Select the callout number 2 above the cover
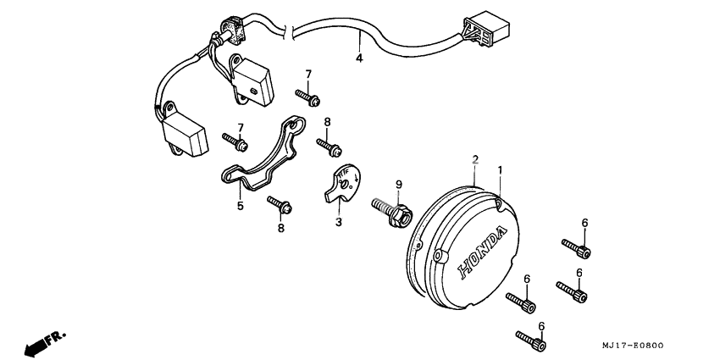click(475, 159)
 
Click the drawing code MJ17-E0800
click(634, 346)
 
